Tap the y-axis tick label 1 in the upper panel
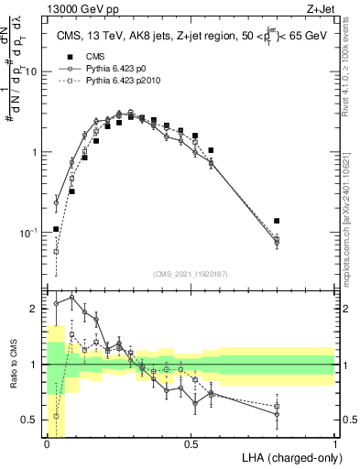(x=37, y=152)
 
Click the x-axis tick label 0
(x=47, y=443)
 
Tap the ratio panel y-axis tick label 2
(x=37, y=310)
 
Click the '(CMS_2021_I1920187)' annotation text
(x=191, y=273)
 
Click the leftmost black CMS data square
(x=56, y=229)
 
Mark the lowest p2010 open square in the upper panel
(x=56, y=251)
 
